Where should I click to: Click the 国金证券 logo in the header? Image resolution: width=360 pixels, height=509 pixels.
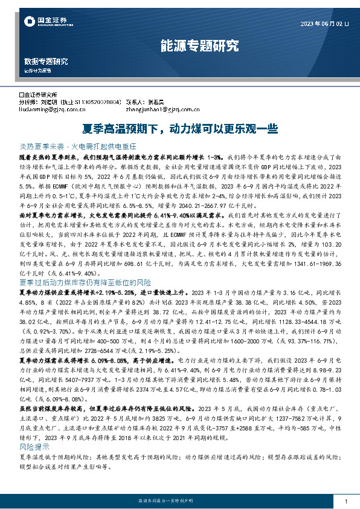43,22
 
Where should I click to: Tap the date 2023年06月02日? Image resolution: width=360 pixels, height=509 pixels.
324,24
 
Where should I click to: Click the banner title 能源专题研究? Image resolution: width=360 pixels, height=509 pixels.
199,45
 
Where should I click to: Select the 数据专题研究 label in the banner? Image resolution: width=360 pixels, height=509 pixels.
46,62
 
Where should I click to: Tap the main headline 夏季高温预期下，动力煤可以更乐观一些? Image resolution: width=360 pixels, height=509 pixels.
179,128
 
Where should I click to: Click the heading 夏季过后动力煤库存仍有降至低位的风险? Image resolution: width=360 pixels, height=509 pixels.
85,282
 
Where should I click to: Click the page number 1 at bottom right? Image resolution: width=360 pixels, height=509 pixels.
345,502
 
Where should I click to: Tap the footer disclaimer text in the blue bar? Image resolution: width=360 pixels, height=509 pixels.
179,502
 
